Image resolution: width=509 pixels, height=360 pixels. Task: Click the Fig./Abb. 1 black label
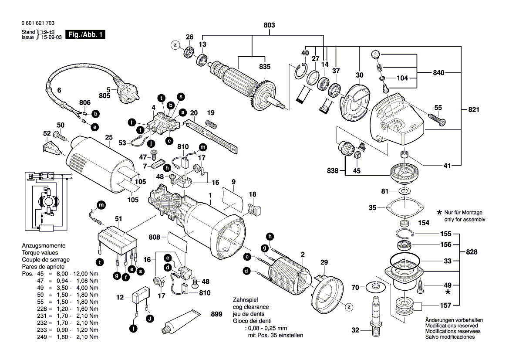tap(85, 34)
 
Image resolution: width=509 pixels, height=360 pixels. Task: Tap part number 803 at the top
tap(269, 26)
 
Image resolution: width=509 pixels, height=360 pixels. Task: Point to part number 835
tap(264, 67)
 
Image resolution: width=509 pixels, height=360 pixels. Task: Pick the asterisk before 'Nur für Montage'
tap(439, 212)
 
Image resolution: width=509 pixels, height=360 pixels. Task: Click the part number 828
tap(472, 252)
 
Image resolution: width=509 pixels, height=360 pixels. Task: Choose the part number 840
tap(438, 73)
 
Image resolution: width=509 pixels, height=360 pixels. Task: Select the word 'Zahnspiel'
tap(246, 300)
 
